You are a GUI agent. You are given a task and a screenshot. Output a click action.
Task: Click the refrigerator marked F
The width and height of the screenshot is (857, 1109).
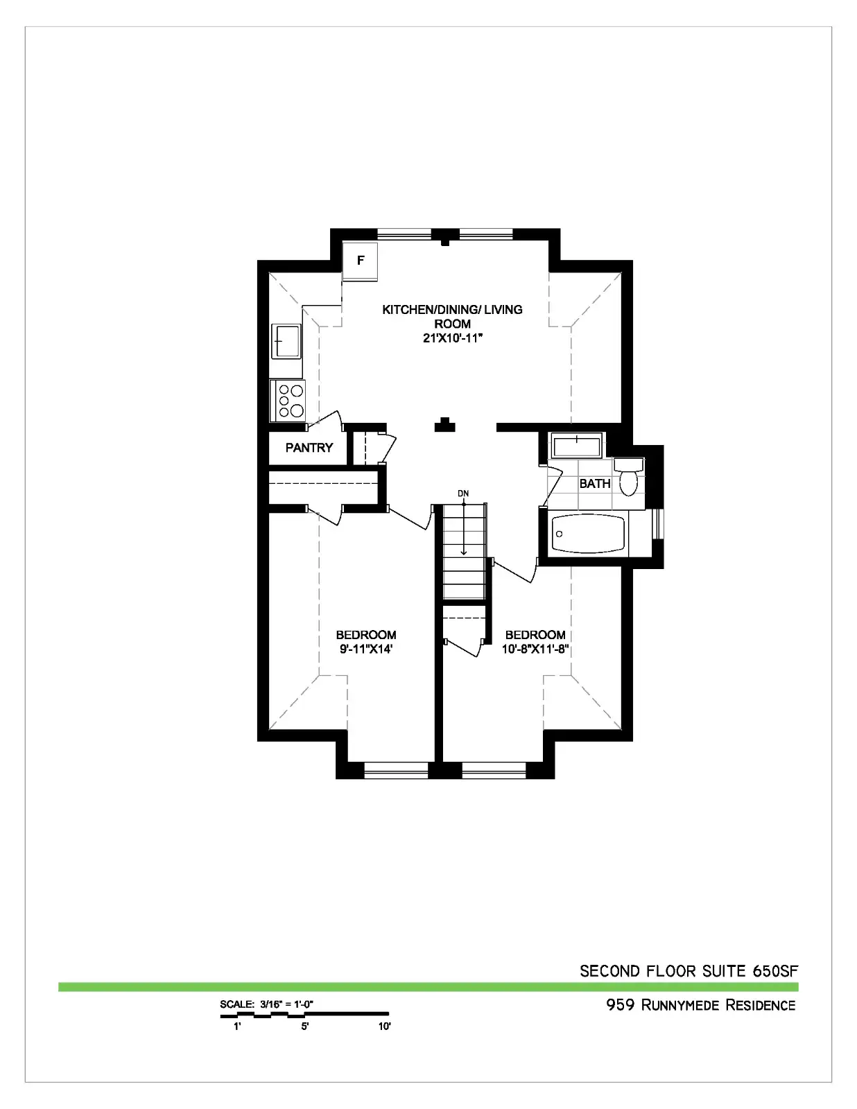tap(360, 261)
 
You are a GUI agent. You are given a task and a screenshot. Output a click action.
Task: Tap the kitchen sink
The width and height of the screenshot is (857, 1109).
tap(286, 341)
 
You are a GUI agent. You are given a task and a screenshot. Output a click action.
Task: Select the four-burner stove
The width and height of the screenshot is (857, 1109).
tap(287, 401)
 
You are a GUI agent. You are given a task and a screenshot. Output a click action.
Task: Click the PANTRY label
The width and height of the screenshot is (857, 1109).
tap(309, 448)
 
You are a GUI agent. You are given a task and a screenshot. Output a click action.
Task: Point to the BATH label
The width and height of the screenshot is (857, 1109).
tap(595, 483)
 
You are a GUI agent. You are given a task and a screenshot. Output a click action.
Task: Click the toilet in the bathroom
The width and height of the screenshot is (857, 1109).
tap(629, 476)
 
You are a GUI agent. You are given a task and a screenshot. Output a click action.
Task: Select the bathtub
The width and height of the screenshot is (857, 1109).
tap(589, 534)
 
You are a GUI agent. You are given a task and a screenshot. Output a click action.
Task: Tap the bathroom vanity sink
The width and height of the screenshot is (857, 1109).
tap(577, 446)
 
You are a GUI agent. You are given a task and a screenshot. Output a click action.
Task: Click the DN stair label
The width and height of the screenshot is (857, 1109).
tap(463, 494)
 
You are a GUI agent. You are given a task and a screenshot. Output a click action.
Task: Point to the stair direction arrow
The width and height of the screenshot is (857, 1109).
tap(463, 527)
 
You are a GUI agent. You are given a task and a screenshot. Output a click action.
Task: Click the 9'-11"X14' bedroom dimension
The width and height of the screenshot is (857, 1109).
tap(366, 649)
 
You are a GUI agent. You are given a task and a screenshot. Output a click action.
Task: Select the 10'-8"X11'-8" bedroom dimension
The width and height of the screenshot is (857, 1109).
tap(535, 649)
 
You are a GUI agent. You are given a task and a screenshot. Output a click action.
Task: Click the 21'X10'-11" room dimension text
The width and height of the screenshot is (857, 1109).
tap(453, 338)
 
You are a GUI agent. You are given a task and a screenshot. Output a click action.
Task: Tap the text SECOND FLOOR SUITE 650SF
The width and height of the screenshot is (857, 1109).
tap(689, 971)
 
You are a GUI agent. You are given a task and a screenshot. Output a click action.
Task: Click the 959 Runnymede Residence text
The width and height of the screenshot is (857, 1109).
tap(701, 1005)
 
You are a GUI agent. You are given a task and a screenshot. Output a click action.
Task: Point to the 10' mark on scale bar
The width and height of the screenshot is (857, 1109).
tap(384, 1027)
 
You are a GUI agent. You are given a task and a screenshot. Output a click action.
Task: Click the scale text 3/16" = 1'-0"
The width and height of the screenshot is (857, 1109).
tap(286, 1004)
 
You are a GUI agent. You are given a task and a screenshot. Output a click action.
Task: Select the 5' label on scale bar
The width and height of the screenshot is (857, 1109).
tap(304, 1027)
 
